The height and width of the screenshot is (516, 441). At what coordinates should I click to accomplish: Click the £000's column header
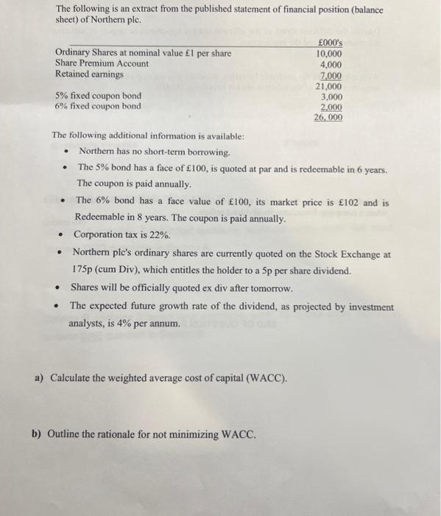click(328, 43)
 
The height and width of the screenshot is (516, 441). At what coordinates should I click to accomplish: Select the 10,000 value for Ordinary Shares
click(328, 54)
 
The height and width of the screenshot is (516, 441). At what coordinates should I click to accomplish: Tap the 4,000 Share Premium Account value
click(331, 64)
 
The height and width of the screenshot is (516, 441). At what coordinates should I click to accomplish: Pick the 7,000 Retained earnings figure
click(331, 75)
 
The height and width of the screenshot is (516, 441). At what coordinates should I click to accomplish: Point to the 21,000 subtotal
click(328, 86)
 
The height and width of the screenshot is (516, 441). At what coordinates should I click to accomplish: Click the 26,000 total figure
click(328, 117)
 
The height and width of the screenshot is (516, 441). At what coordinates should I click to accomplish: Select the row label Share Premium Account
click(102, 64)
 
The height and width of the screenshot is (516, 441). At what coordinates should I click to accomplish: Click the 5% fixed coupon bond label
click(98, 96)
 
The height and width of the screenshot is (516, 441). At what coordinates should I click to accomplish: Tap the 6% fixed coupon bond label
click(98, 106)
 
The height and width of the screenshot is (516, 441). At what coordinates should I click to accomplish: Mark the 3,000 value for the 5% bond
click(331, 96)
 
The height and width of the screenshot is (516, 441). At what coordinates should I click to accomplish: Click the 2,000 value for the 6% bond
click(331, 106)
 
